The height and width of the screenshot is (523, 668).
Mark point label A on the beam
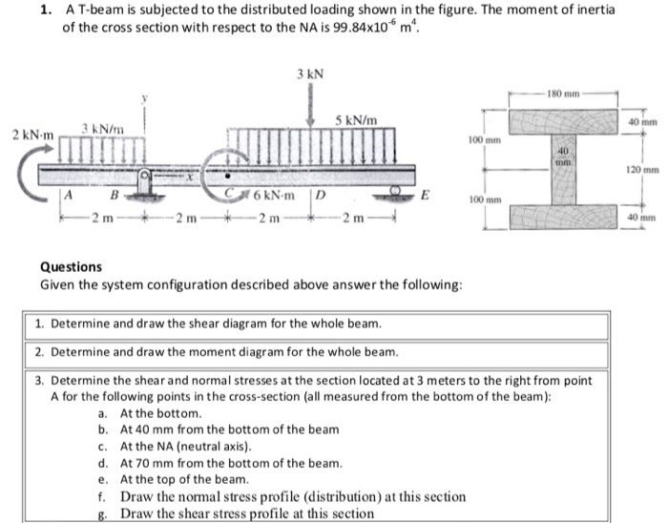coord(68,198)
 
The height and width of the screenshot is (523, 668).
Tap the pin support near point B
coord(146,183)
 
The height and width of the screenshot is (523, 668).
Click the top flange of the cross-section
coord(563,121)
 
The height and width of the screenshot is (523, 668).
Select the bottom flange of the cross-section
coord(563,218)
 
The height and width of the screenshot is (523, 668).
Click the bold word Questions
coord(71,267)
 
